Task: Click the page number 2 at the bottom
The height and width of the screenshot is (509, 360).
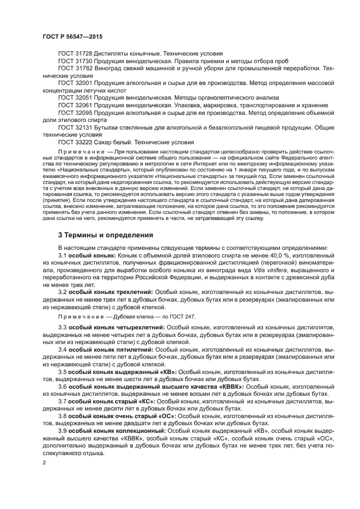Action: pos(44,462)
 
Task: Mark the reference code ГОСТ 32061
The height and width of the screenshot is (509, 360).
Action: pos(76,105)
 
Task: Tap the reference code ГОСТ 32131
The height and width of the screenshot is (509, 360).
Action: pos(76,127)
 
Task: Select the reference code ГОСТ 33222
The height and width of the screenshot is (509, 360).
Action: pos(76,142)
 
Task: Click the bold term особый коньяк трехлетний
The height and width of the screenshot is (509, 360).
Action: pos(111,292)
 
